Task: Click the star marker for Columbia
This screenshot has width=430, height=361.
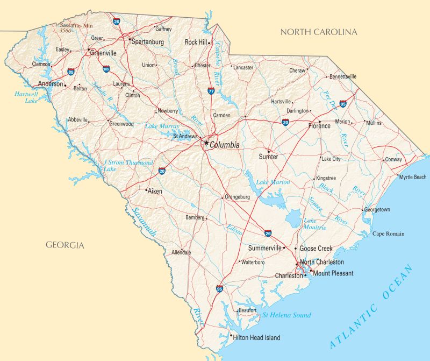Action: [205, 143]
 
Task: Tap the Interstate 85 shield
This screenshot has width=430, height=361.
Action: [71, 71]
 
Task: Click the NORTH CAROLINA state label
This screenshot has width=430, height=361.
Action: [319, 32]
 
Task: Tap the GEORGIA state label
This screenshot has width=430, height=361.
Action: [65, 245]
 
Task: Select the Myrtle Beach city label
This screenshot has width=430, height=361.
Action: [412, 177]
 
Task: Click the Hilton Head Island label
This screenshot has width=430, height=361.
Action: [256, 338]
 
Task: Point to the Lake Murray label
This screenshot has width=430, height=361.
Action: [162, 126]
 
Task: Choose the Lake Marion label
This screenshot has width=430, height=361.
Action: [273, 182]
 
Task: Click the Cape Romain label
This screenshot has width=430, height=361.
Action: [389, 233]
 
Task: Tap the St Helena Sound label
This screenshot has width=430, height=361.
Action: [286, 315]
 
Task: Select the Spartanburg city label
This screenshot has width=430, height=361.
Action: [148, 41]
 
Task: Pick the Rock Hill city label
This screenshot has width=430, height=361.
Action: [196, 41]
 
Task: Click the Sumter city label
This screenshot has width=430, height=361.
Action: [268, 157]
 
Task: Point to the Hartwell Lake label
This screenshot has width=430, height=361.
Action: [26, 97]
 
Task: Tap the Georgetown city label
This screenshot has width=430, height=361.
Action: [377, 209]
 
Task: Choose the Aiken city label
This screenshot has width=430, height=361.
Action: [155, 191]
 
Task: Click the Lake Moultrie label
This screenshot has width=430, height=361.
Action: [315, 224]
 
